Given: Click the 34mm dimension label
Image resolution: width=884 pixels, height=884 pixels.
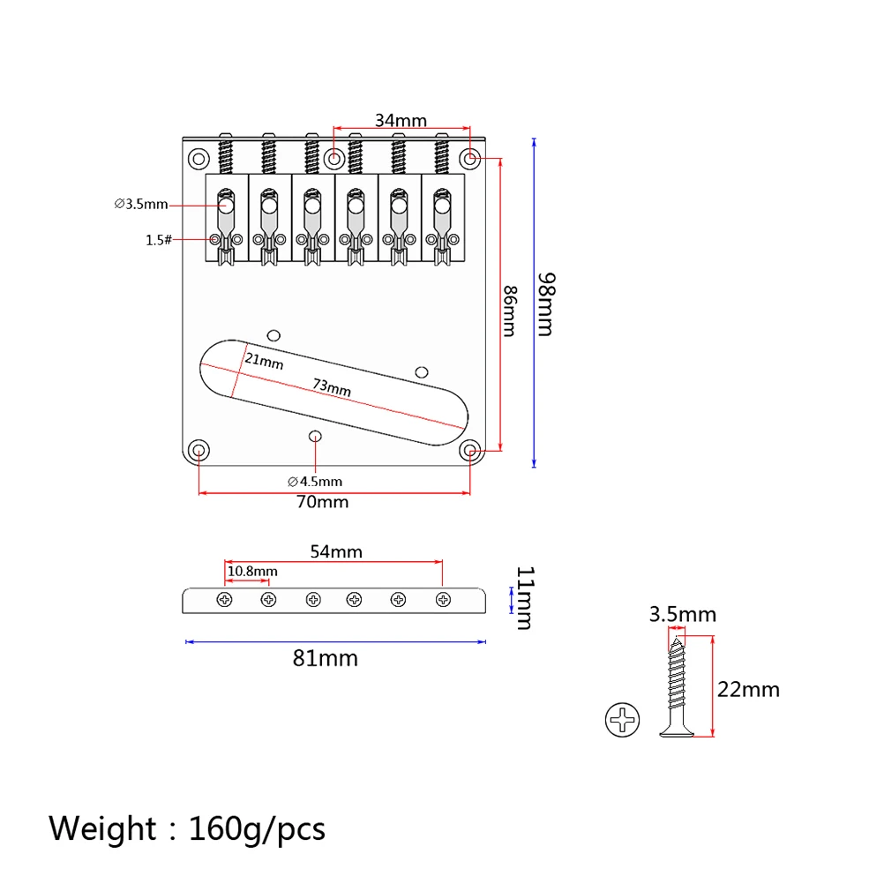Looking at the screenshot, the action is (401, 120).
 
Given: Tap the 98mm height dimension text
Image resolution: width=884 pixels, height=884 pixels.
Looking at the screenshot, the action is (546, 304).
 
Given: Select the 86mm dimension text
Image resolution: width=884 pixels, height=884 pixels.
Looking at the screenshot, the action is (510, 311).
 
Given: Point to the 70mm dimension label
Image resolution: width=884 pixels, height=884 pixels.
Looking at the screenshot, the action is (323, 502).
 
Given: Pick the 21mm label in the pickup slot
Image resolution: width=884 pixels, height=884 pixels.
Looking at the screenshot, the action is (264, 361).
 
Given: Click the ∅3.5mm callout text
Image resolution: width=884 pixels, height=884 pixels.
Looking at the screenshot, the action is (141, 204).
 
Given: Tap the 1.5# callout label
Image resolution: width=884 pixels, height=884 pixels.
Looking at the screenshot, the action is (159, 240).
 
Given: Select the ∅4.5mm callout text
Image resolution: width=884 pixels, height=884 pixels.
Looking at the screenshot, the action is (315, 482).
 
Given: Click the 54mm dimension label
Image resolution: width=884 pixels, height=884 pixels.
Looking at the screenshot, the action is (336, 551).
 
